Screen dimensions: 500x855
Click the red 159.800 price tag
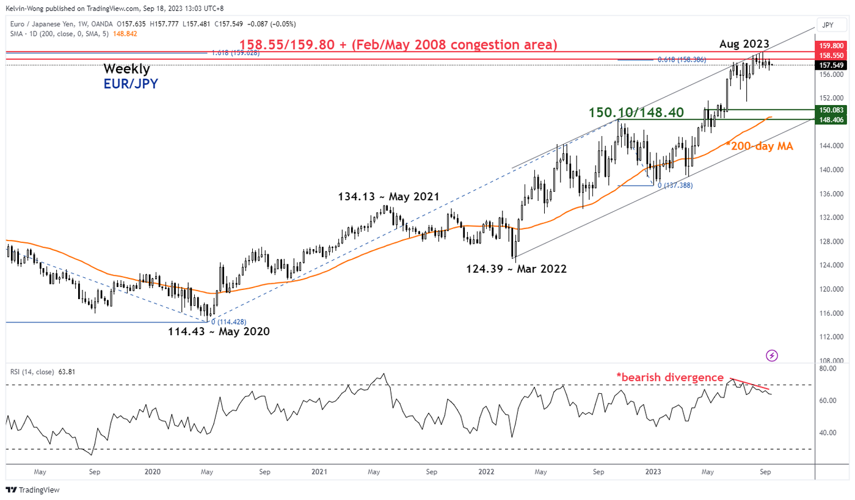click(x=831, y=45)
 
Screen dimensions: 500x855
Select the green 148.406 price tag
click(x=831, y=120)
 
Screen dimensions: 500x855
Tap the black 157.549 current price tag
click(x=831, y=65)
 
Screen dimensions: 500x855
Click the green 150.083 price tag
click(x=831, y=110)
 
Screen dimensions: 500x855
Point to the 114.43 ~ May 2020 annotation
click(x=219, y=332)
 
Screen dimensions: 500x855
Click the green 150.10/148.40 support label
click(x=636, y=113)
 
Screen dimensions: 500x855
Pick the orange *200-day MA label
click(x=759, y=145)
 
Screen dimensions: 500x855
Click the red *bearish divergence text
click(x=669, y=378)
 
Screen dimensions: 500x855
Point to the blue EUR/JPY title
click(x=130, y=84)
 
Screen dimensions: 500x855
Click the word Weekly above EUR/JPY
click(x=126, y=69)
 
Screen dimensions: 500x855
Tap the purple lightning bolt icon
click(x=772, y=355)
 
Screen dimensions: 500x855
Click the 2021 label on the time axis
click(x=319, y=471)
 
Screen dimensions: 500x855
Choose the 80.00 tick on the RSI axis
click(x=828, y=369)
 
